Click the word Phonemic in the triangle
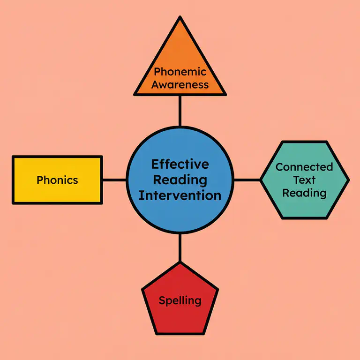tap(180, 72)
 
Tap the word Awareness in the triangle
tap(180, 85)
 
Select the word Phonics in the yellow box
tap(57, 180)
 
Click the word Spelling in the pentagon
tap(180, 300)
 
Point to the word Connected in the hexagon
tap(304, 167)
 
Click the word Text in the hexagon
tap(304, 180)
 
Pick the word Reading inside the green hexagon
tap(304, 193)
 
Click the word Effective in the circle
tap(180, 165)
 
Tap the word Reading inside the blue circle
tap(180, 180)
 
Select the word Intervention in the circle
tap(180, 195)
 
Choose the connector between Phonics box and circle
tap(114, 180)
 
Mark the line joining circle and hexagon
tap(247, 180)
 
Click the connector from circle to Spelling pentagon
tap(180, 247)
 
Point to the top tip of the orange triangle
tap(180, 17)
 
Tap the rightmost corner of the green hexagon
tap(348, 180)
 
